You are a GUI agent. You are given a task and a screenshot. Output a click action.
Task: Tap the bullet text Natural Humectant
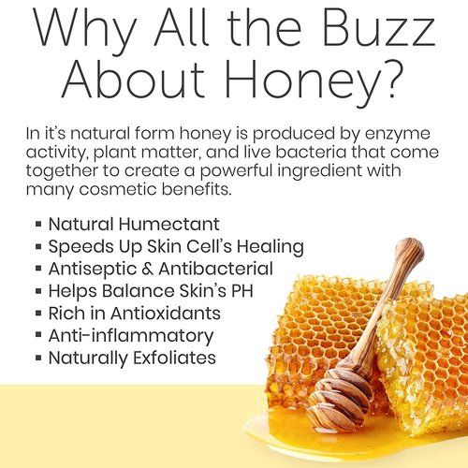[134, 225]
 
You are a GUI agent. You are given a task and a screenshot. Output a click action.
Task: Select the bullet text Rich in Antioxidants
[134, 314]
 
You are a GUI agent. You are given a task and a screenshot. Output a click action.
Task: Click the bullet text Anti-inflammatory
[130, 335]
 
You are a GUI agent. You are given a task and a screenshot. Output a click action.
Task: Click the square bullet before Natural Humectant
[37, 226]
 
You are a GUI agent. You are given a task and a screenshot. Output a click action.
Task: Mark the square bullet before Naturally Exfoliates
[37, 358]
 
